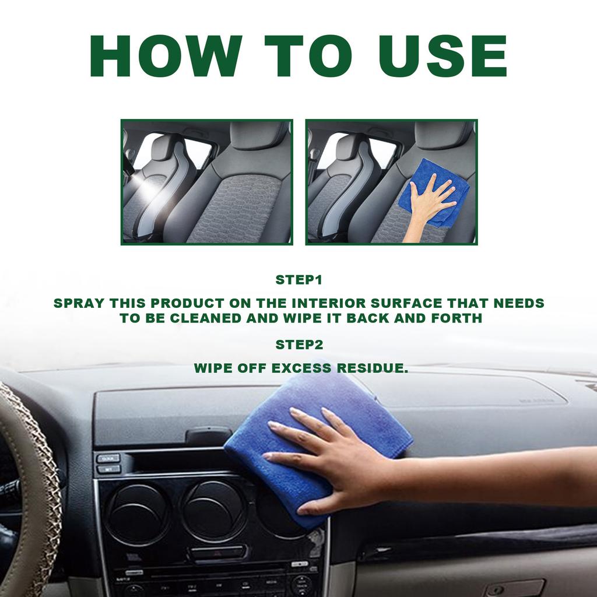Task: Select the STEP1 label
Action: click(x=298, y=280)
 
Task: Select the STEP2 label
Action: click(x=298, y=345)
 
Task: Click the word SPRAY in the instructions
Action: click(x=79, y=303)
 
